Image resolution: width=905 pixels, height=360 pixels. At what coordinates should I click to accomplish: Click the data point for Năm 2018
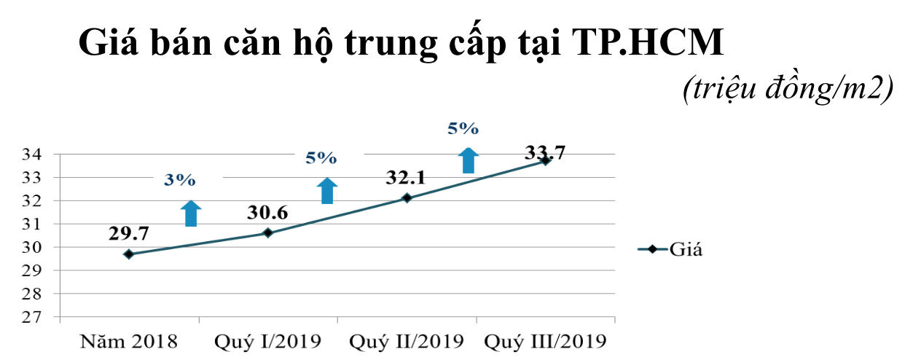click(129, 254)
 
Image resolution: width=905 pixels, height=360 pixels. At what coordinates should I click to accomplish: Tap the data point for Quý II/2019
click(407, 198)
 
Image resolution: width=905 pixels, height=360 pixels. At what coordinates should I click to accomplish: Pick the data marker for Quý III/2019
click(545, 161)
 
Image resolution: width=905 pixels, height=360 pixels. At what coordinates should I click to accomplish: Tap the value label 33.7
click(545, 152)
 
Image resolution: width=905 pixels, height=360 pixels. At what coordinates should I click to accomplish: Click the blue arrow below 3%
click(191, 214)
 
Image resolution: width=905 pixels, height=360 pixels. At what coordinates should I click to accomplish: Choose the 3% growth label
click(179, 181)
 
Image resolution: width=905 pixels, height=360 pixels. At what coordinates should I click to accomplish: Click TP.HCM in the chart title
click(651, 43)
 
